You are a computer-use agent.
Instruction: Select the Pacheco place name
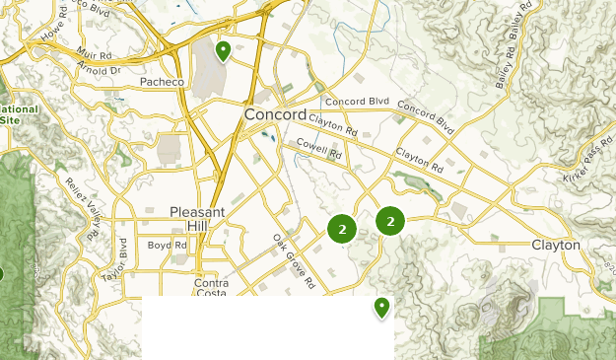pos(162,81)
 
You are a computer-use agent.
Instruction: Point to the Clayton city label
pos(555,245)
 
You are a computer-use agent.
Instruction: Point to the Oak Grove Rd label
pos(294,260)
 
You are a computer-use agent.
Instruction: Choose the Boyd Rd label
pos(160,245)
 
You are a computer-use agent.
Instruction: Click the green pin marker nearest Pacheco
pos(224,49)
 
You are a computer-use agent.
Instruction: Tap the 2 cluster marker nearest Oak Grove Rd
pos(341,230)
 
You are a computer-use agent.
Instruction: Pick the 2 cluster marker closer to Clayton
pos(390,222)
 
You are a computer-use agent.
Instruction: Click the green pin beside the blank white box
pos(381,308)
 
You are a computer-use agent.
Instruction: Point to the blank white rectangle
pos(267,327)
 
